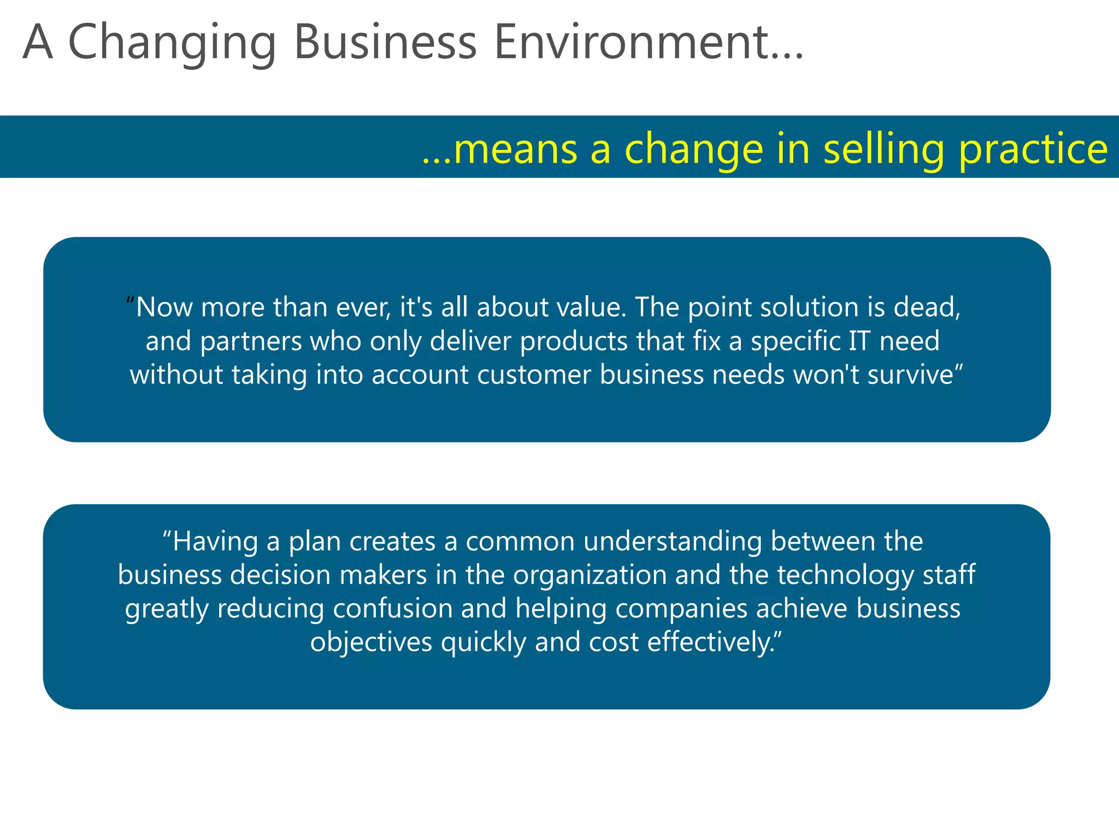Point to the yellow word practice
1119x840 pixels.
[1033, 149]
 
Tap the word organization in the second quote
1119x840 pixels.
[590, 575]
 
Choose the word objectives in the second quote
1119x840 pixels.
[371, 643]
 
